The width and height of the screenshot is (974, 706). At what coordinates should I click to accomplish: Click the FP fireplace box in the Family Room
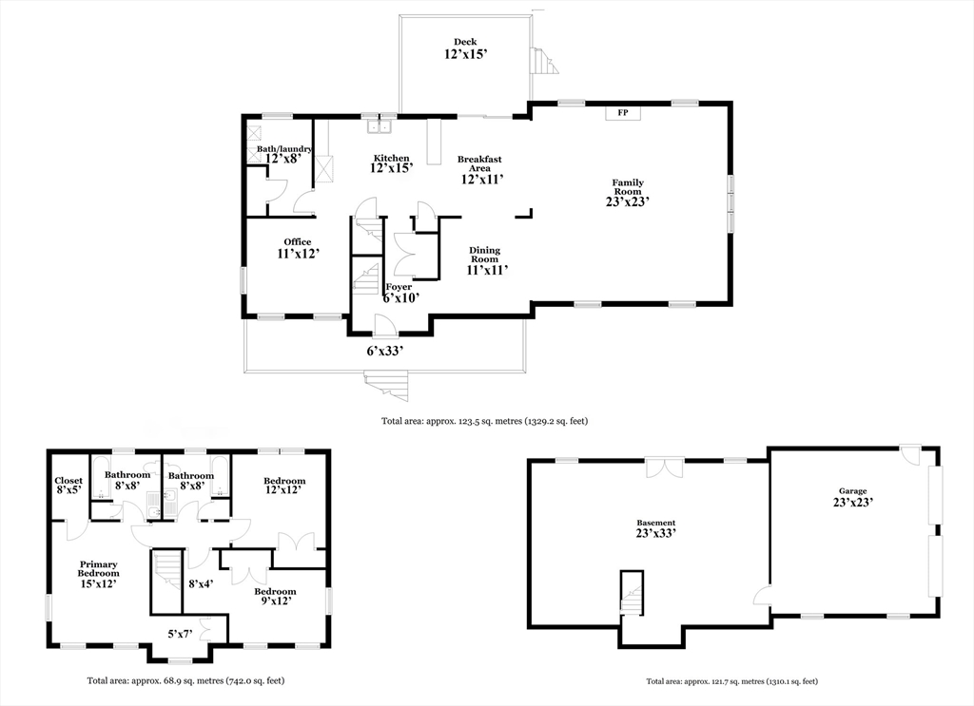[623, 113]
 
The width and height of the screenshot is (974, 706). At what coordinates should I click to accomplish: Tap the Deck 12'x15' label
[465, 48]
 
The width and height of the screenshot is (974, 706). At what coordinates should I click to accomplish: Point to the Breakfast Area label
[479, 163]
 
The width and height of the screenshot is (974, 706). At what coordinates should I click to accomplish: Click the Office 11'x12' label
[298, 248]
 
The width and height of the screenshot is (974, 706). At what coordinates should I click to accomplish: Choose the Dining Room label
[484, 255]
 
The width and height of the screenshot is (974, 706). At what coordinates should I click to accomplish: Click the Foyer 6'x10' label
[400, 293]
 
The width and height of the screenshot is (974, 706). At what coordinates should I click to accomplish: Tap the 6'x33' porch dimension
[385, 352]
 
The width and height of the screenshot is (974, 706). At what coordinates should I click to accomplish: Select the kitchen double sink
[379, 126]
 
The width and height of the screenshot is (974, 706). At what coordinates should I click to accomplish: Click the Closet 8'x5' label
[68, 486]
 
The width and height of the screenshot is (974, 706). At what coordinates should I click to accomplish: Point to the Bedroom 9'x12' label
[275, 596]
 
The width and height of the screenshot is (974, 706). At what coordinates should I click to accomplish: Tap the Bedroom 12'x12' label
[284, 486]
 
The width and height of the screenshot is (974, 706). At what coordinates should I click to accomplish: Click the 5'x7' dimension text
[180, 634]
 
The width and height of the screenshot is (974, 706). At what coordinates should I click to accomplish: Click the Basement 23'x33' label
[656, 528]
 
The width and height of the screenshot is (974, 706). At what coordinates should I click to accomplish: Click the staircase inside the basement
[632, 594]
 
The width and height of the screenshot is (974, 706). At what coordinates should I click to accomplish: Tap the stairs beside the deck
[544, 61]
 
